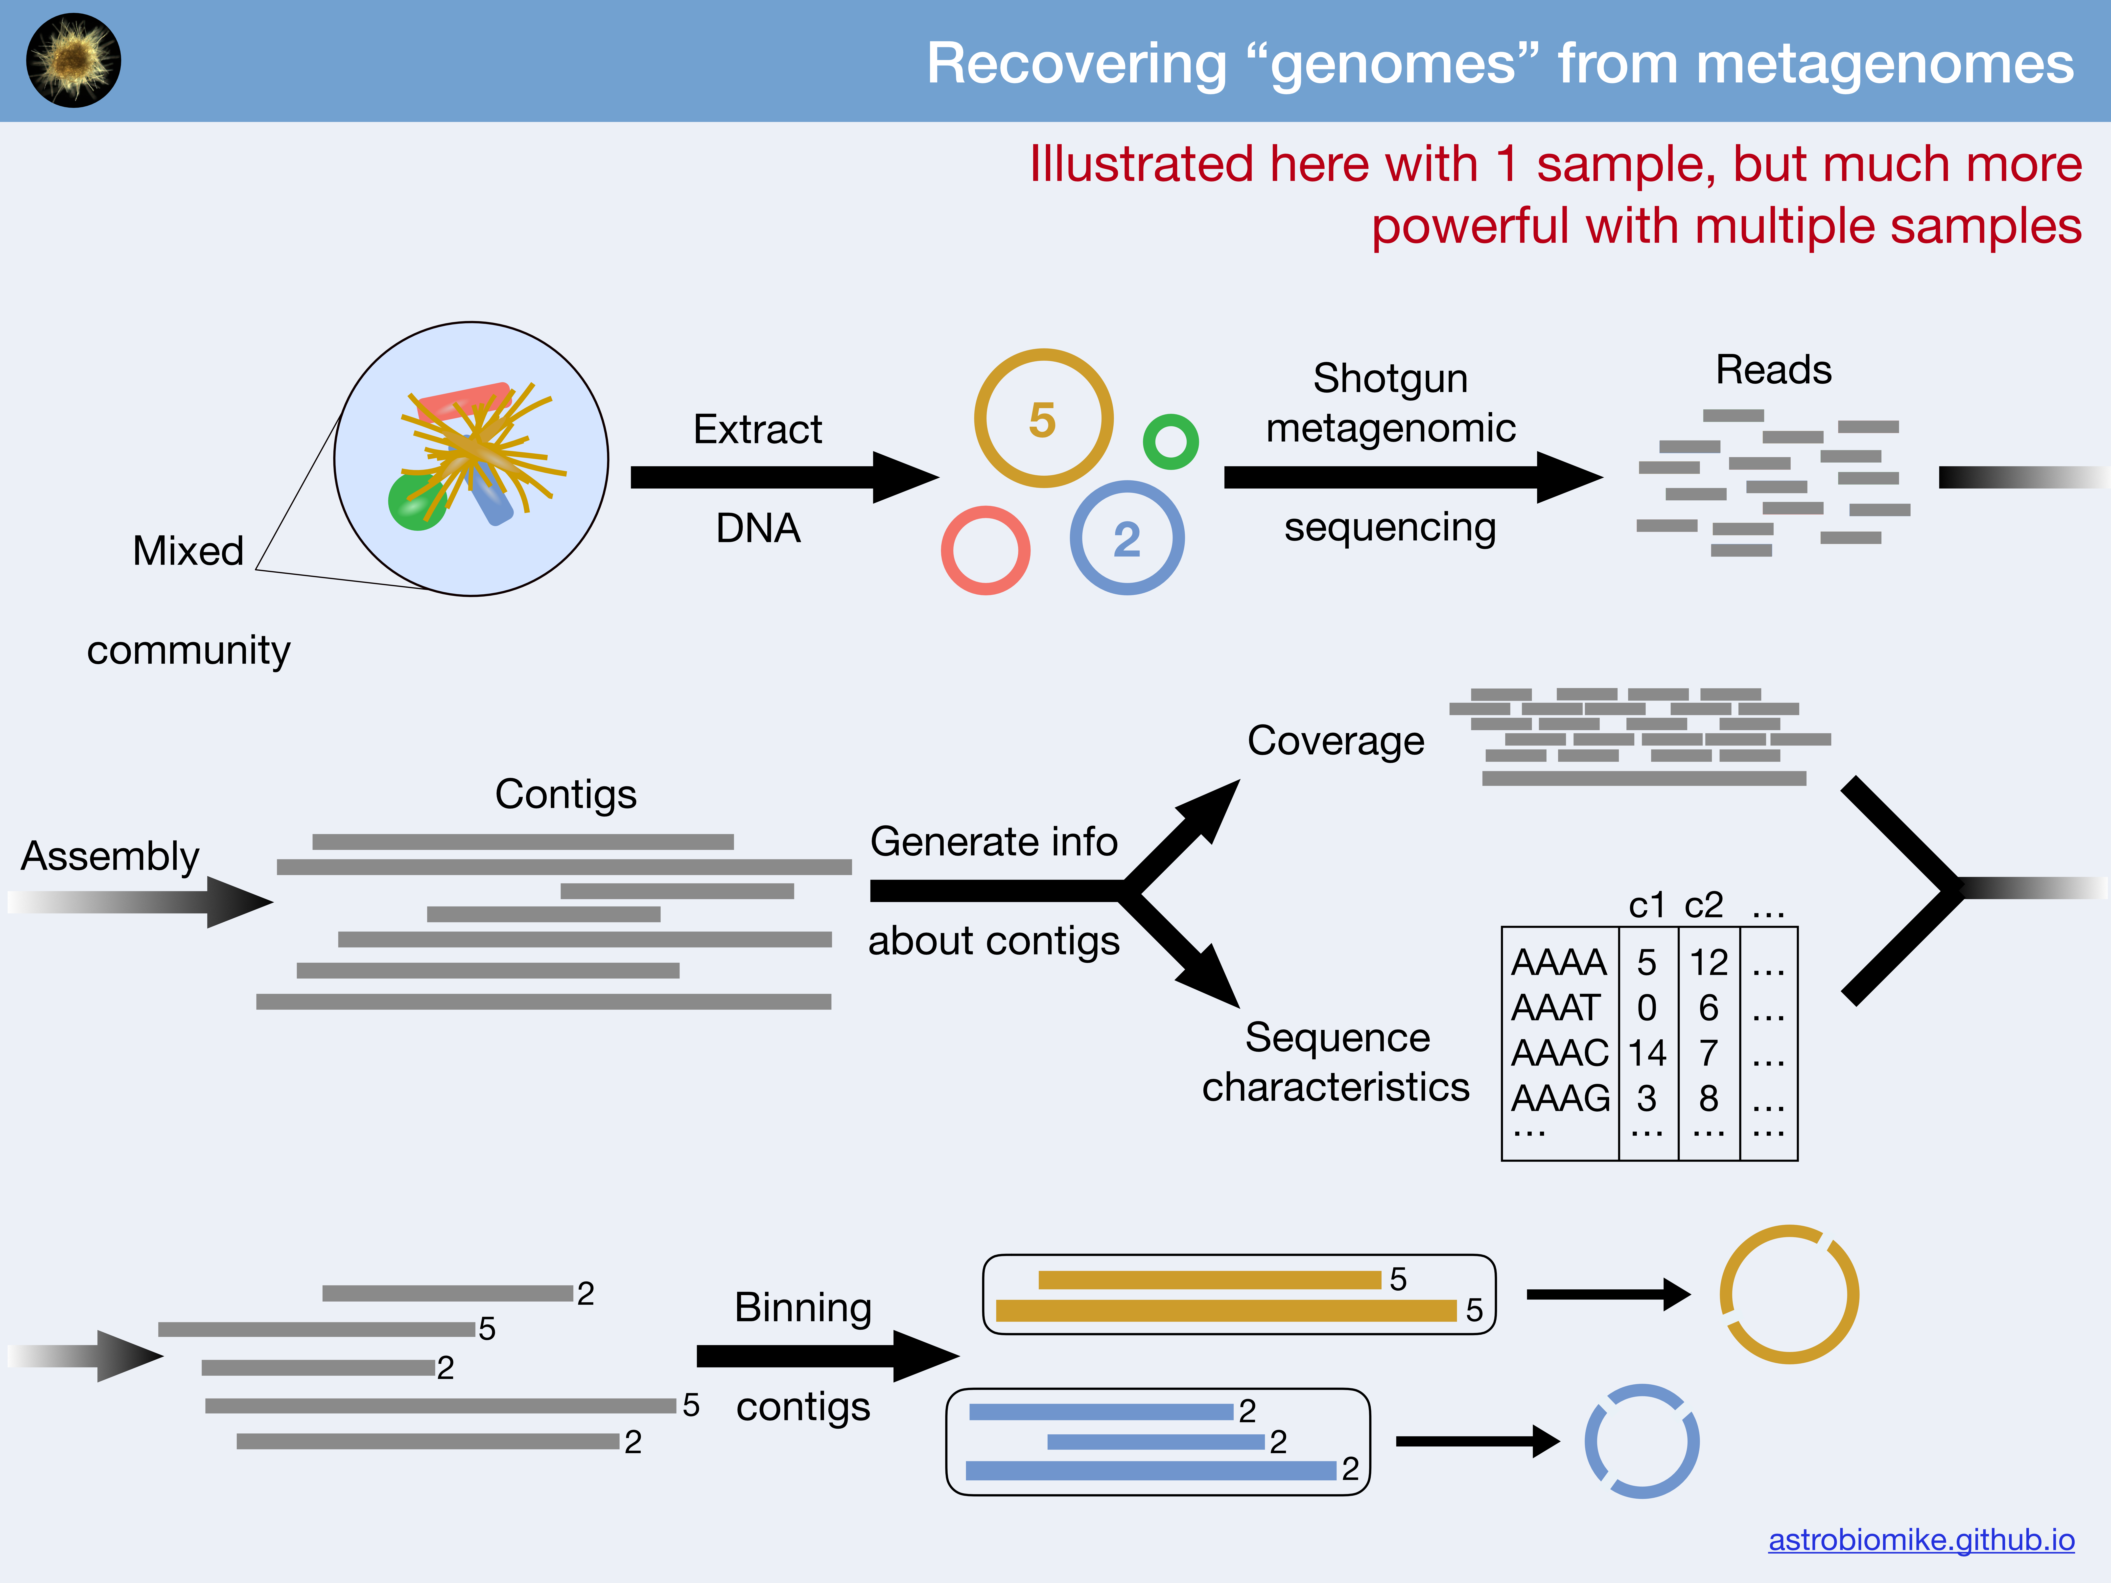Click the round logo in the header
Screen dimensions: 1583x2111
click(73, 60)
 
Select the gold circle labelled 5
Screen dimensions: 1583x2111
click(1043, 419)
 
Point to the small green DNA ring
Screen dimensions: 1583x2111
click(1170, 442)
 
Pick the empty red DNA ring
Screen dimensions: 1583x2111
click(985, 551)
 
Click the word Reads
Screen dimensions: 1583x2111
click(1773, 369)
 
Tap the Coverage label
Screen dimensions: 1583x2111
click(1335, 741)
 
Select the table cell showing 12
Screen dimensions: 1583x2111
click(1708, 962)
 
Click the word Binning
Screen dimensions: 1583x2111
click(803, 1307)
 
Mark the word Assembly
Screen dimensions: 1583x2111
click(110, 856)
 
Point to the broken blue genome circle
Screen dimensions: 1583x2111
click(1642, 1441)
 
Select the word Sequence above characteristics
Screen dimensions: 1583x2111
click(1337, 1037)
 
